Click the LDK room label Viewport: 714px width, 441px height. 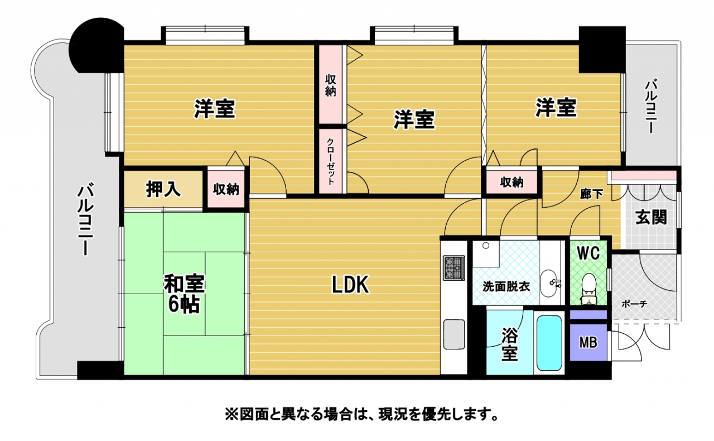(x=350, y=285)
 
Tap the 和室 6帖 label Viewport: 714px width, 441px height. (x=184, y=294)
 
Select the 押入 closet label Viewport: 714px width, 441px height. (x=163, y=190)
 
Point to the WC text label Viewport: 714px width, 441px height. (x=588, y=253)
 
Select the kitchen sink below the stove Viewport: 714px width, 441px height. (x=454, y=334)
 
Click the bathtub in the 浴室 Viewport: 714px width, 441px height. (x=550, y=344)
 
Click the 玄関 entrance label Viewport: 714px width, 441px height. (x=651, y=217)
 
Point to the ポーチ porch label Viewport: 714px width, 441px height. (x=634, y=304)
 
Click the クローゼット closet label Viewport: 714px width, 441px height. (x=331, y=161)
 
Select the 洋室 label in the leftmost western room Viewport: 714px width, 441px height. (x=215, y=109)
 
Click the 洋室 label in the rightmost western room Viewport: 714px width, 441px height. (x=556, y=107)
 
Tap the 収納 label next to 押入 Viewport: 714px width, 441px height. (x=226, y=190)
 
